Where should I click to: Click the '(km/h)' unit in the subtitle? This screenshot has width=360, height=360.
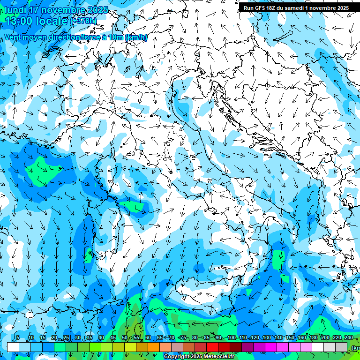pyautogui.click(x=136, y=37)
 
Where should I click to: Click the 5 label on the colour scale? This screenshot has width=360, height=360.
pyautogui.click(x=17, y=338)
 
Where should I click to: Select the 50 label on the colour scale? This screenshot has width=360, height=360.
pyautogui.click(x=124, y=338)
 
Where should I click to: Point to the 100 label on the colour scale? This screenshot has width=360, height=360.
pyautogui.click(x=231, y=338)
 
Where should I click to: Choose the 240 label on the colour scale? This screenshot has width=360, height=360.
pyautogui.click(x=348, y=338)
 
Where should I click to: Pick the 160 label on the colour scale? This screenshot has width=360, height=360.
pyautogui.click(x=301, y=338)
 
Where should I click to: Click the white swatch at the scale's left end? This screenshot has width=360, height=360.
pyautogui.click(x=13, y=347)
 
